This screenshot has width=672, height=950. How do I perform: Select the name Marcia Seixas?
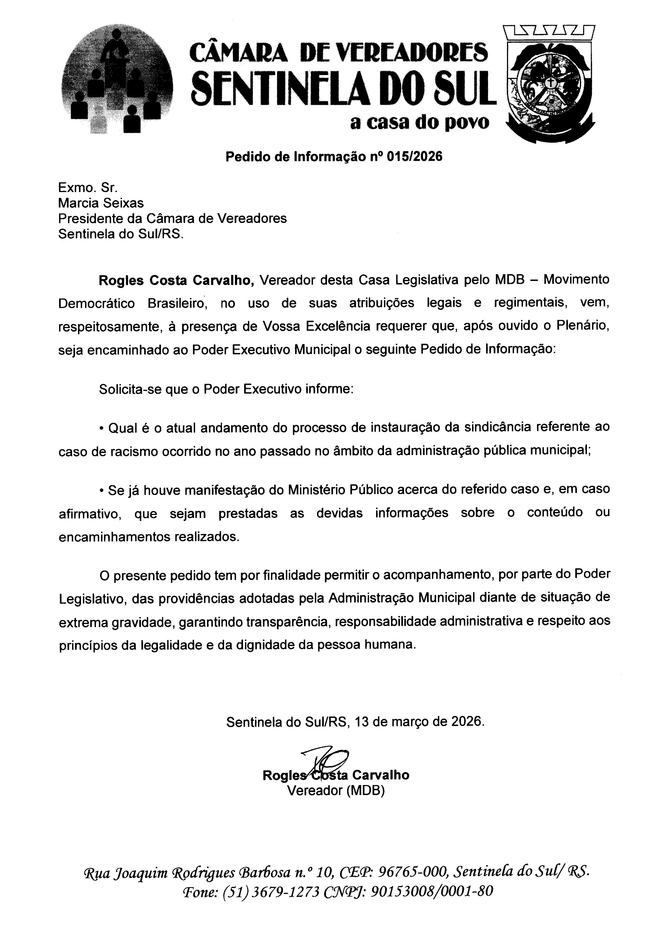101,203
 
